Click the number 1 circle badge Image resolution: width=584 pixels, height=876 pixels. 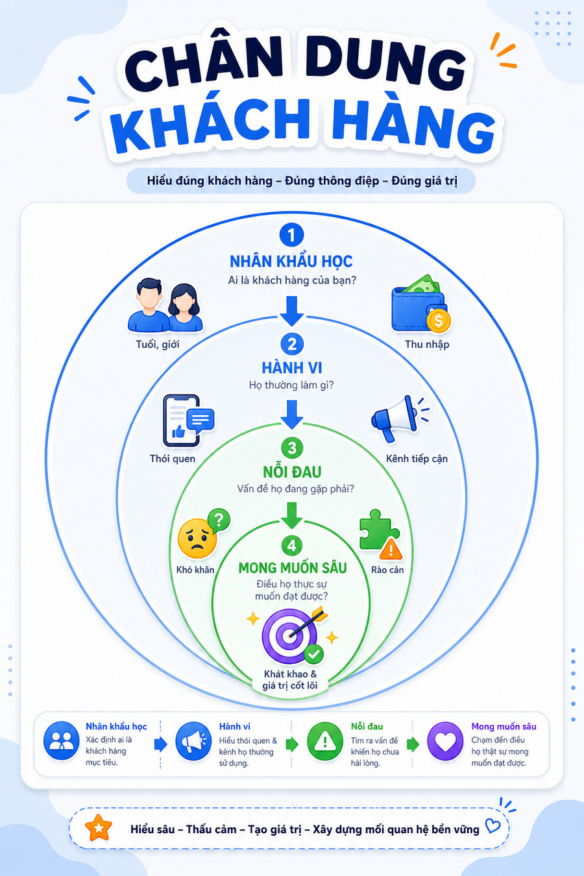tap(291, 235)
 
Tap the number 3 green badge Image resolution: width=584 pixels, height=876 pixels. tap(292, 448)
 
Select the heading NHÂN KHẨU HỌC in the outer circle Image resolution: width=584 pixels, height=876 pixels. tap(291, 262)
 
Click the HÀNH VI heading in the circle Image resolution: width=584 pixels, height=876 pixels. tap(292, 368)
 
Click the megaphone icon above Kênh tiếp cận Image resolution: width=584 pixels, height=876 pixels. tap(400, 419)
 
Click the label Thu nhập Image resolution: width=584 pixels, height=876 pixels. tap(427, 345)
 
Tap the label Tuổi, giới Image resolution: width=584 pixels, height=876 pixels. tap(157, 345)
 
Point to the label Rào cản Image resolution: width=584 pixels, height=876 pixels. tap(387, 570)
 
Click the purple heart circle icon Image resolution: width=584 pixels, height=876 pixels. tap(445, 741)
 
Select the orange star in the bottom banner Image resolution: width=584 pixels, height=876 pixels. tap(99, 828)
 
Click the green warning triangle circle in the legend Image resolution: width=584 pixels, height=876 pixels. tap(325, 741)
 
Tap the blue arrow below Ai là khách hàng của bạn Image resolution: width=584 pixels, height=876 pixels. tap(291, 311)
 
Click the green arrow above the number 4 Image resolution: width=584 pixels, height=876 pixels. tap(292, 515)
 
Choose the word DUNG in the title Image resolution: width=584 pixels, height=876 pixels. tap(385, 62)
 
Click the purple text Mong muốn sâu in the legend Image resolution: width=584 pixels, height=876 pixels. tap(504, 727)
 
